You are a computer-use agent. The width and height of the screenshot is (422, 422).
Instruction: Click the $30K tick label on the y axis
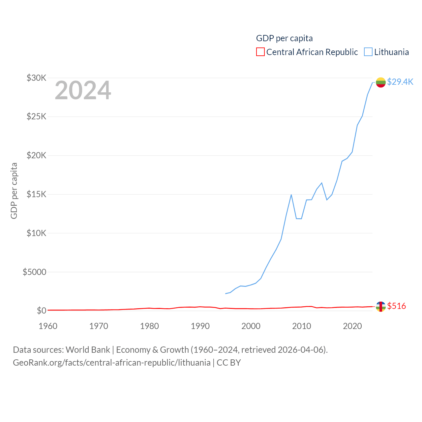(x=36, y=78)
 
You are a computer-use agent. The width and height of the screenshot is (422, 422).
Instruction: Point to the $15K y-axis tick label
(x=36, y=194)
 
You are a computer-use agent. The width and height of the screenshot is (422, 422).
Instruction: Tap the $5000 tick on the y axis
(x=34, y=272)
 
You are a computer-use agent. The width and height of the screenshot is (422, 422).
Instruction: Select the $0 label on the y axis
(x=42, y=311)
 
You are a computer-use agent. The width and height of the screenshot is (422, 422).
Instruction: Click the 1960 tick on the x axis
(x=48, y=326)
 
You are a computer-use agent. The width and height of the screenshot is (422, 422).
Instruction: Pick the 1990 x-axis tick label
(x=200, y=326)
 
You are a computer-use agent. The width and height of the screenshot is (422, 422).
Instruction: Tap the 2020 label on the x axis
(x=352, y=326)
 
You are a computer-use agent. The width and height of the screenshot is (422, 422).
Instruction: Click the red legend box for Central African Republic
(x=260, y=52)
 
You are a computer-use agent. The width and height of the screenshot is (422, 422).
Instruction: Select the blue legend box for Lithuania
(x=368, y=52)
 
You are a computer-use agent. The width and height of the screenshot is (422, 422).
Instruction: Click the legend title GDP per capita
(x=284, y=38)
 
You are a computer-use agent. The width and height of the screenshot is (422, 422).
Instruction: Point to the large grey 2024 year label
(x=83, y=90)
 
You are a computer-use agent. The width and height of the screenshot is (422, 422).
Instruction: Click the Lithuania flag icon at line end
(x=381, y=82)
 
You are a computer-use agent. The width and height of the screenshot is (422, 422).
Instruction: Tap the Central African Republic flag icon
(x=381, y=307)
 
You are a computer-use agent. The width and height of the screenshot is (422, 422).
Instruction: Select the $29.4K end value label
(x=400, y=82)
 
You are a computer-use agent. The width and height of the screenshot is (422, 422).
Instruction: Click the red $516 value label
(x=396, y=306)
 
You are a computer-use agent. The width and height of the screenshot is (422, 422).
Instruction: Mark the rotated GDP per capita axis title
(x=14, y=191)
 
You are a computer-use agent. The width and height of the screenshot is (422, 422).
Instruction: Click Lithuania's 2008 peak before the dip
(x=291, y=195)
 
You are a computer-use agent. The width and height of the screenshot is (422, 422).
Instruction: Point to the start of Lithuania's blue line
(x=226, y=293)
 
